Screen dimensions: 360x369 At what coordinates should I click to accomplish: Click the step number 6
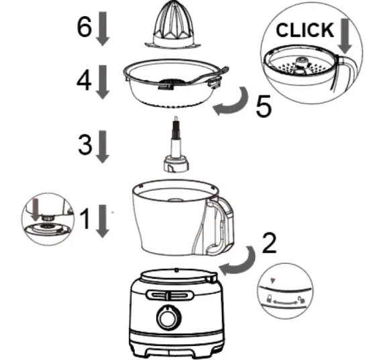point(83,27)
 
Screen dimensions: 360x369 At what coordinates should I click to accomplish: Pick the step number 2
point(268,242)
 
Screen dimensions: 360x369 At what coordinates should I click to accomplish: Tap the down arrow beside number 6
point(103,29)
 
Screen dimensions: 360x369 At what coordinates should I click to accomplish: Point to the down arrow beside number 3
point(103,147)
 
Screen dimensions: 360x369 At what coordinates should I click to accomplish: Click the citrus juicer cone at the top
point(174,24)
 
